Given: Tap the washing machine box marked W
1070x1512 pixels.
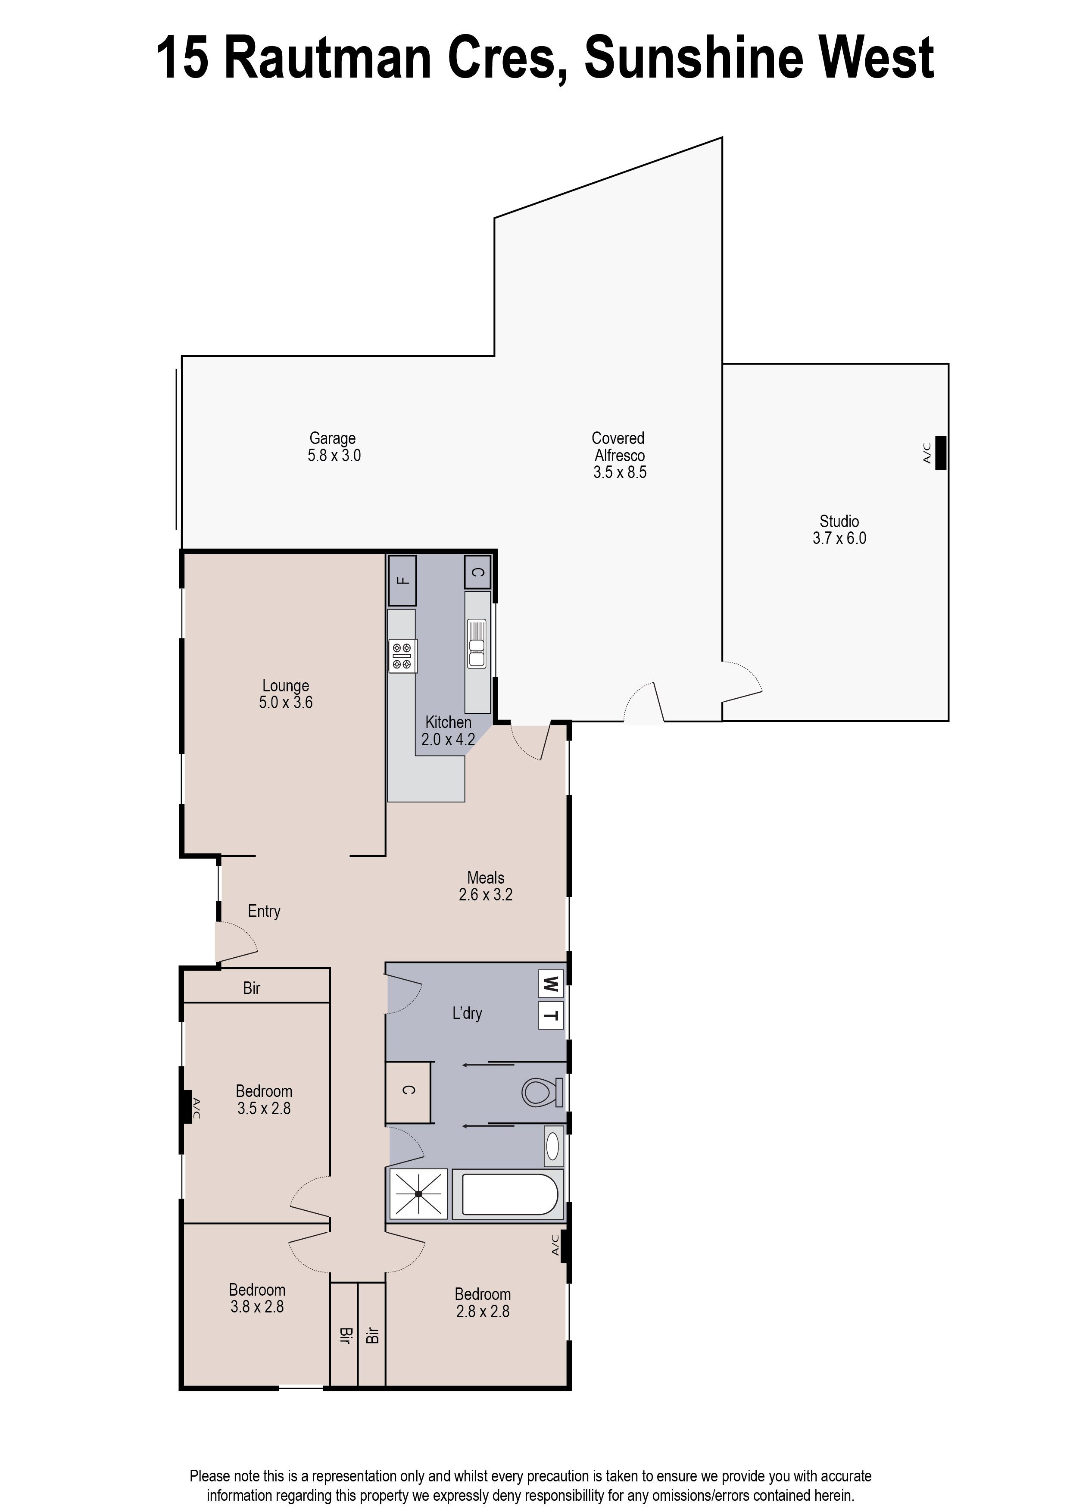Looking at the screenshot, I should (x=551, y=984).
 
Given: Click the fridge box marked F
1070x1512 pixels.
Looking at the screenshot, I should (x=402, y=580).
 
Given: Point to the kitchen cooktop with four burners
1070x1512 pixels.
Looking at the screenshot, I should (x=402, y=656).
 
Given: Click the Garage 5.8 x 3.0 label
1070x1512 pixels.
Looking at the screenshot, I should (x=334, y=447).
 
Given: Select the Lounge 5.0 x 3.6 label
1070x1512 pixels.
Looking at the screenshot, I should (x=285, y=694).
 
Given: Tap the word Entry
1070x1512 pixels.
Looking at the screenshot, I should (x=264, y=911).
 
